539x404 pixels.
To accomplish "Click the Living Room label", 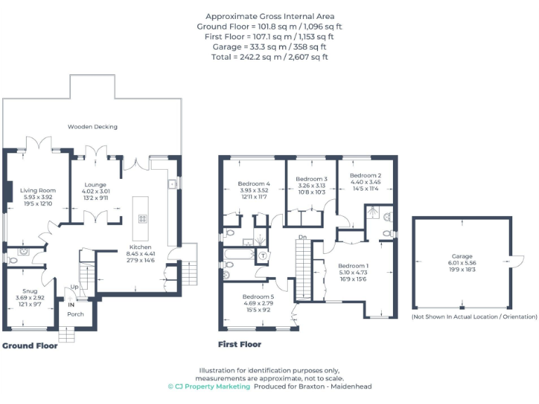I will tap(37, 190).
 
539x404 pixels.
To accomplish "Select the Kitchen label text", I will tap(140, 247).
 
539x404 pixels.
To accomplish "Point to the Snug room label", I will tap(29, 290).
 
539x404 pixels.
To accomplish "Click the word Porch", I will tap(75, 314).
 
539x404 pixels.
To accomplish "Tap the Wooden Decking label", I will tap(92, 127).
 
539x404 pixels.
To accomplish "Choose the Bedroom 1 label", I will tap(352, 266).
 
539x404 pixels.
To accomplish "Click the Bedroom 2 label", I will tap(365, 175).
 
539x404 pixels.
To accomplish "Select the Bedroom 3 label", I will tap(311, 179).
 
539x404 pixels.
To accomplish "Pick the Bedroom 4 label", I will tap(253, 184).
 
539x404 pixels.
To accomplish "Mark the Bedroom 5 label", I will tap(258, 296).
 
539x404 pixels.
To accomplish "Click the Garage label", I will tap(461, 257).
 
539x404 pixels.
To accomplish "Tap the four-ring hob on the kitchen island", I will tap(142, 218).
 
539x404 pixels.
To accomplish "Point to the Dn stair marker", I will tap(302, 237).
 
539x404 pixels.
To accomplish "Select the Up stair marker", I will tap(74, 288).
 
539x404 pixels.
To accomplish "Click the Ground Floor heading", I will tap(29, 346).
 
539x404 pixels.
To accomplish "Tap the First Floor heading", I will tap(239, 344).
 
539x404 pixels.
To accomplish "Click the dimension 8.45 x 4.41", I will tap(140, 254).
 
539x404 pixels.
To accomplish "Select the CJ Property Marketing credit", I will tap(208, 386).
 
